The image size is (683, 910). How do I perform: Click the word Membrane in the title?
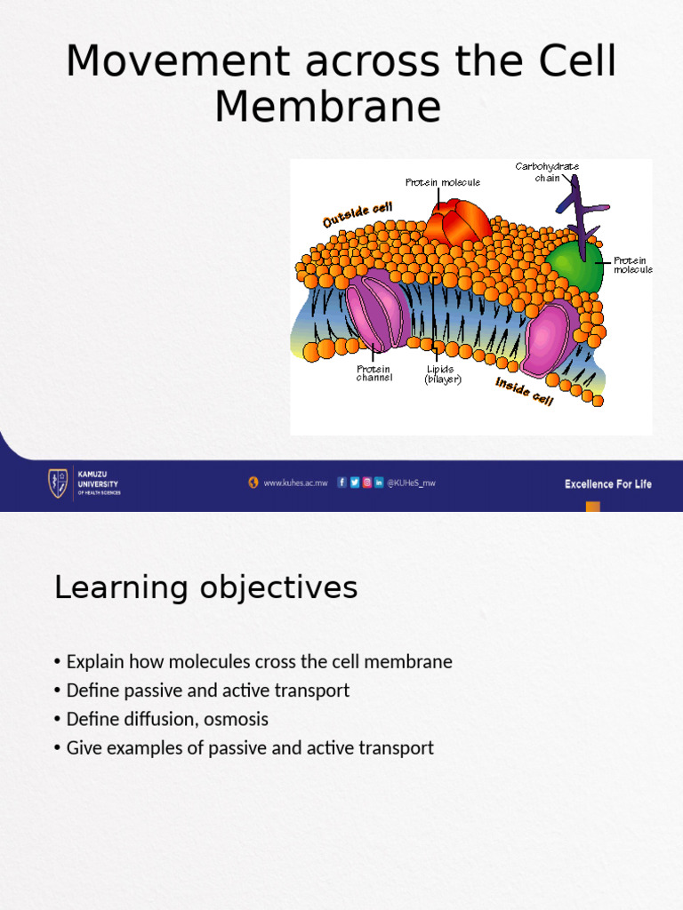[327, 107]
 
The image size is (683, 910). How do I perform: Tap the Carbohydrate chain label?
[547, 172]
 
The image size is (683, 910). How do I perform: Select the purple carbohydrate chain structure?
[581, 209]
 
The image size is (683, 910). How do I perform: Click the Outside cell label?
[358, 214]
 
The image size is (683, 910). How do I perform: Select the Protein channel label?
[374, 373]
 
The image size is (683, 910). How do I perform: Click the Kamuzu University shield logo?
[57, 483]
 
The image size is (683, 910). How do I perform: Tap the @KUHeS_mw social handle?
[411, 483]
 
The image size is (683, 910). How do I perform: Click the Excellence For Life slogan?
[607, 484]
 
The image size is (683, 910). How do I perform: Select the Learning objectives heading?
[205, 587]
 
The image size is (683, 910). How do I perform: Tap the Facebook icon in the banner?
[342, 483]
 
